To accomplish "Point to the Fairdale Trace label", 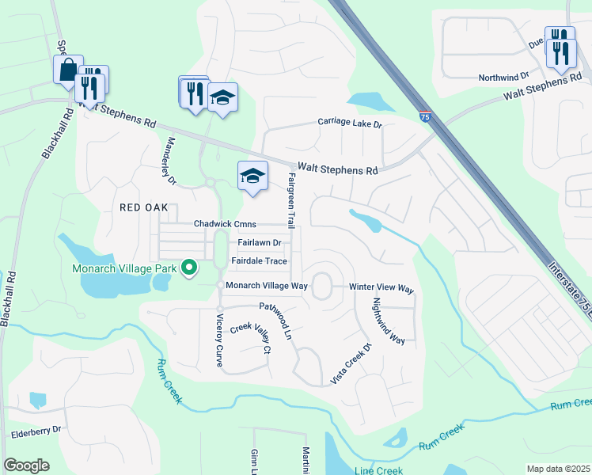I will (x=259, y=261).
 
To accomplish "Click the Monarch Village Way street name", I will (x=266, y=285).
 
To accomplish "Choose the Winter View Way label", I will (x=383, y=289).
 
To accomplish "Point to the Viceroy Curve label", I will (x=219, y=339).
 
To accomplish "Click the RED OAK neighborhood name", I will (x=143, y=207).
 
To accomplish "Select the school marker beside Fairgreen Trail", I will (x=252, y=176).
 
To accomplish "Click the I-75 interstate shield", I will (x=426, y=116).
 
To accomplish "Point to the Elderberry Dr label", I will (x=36, y=435).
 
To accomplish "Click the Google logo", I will (x=26, y=465).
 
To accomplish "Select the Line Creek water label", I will (x=379, y=470).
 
